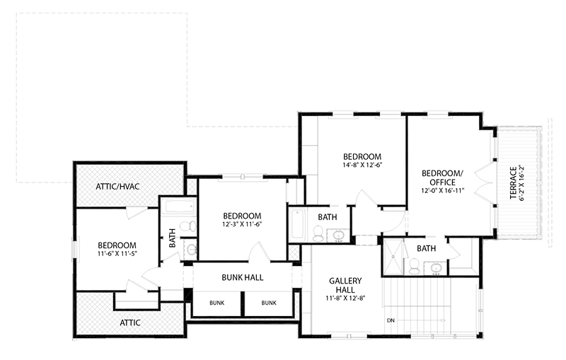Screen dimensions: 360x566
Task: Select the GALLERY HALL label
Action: [345, 286]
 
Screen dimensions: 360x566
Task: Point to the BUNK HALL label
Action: [243, 277]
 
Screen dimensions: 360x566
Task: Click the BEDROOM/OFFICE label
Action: [442, 178]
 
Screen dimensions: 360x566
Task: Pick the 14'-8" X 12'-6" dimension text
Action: [362, 166]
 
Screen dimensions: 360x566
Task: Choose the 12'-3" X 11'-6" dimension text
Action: [242, 225]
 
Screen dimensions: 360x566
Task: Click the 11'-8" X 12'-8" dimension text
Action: [345, 300]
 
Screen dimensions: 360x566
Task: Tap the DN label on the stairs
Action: [391, 320]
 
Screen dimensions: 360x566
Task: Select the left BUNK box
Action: [217, 303]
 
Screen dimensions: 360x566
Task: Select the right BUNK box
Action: [269, 303]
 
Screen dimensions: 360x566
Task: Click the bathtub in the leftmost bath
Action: [177, 208]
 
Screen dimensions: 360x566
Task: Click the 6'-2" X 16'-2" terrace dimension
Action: [523, 183]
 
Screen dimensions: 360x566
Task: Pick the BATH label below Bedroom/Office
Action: [426, 248]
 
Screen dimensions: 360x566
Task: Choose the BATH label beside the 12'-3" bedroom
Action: [327, 217]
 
